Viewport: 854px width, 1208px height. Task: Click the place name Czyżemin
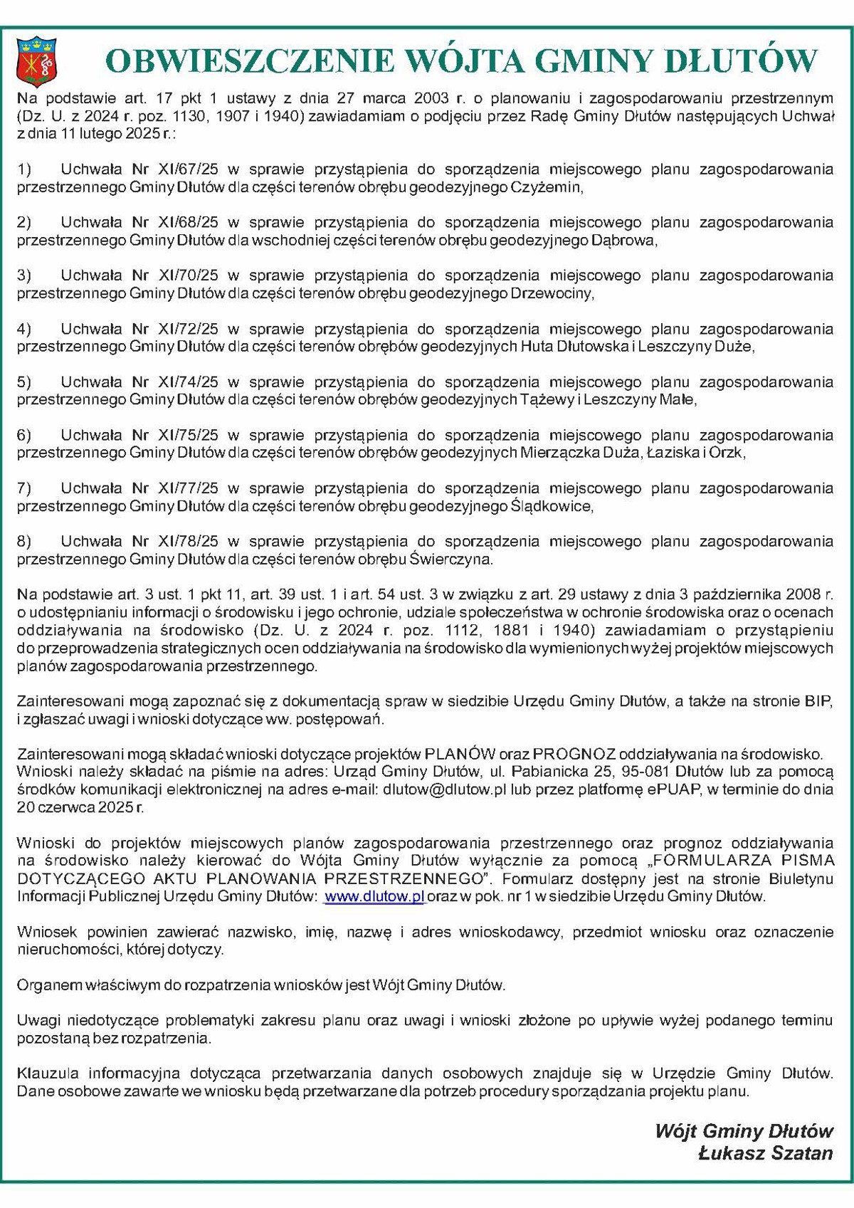[547, 188]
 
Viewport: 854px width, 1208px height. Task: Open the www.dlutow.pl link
[374, 897]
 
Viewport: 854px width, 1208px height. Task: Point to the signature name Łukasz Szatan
[765, 1153]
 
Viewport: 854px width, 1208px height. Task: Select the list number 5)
[24, 382]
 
